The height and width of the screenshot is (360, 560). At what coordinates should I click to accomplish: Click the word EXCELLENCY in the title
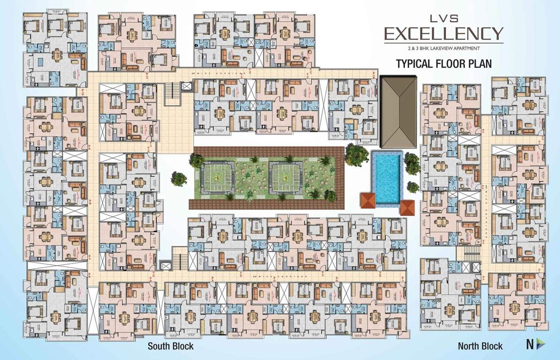(x=443, y=34)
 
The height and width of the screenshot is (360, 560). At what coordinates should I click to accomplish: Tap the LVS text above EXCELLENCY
(x=443, y=19)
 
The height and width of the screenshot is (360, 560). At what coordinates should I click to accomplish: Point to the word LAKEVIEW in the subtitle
(x=444, y=48)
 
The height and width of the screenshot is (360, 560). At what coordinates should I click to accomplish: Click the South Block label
(x=170, y=346)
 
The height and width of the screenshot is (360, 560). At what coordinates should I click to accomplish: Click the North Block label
(x=480, y=346)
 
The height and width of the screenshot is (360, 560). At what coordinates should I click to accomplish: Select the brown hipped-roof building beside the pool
(x=399, y=111)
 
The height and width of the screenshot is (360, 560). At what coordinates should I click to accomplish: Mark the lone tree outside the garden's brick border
(x=179, y=179)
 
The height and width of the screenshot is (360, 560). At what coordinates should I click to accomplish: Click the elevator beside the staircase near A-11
(x=186, y=86)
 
